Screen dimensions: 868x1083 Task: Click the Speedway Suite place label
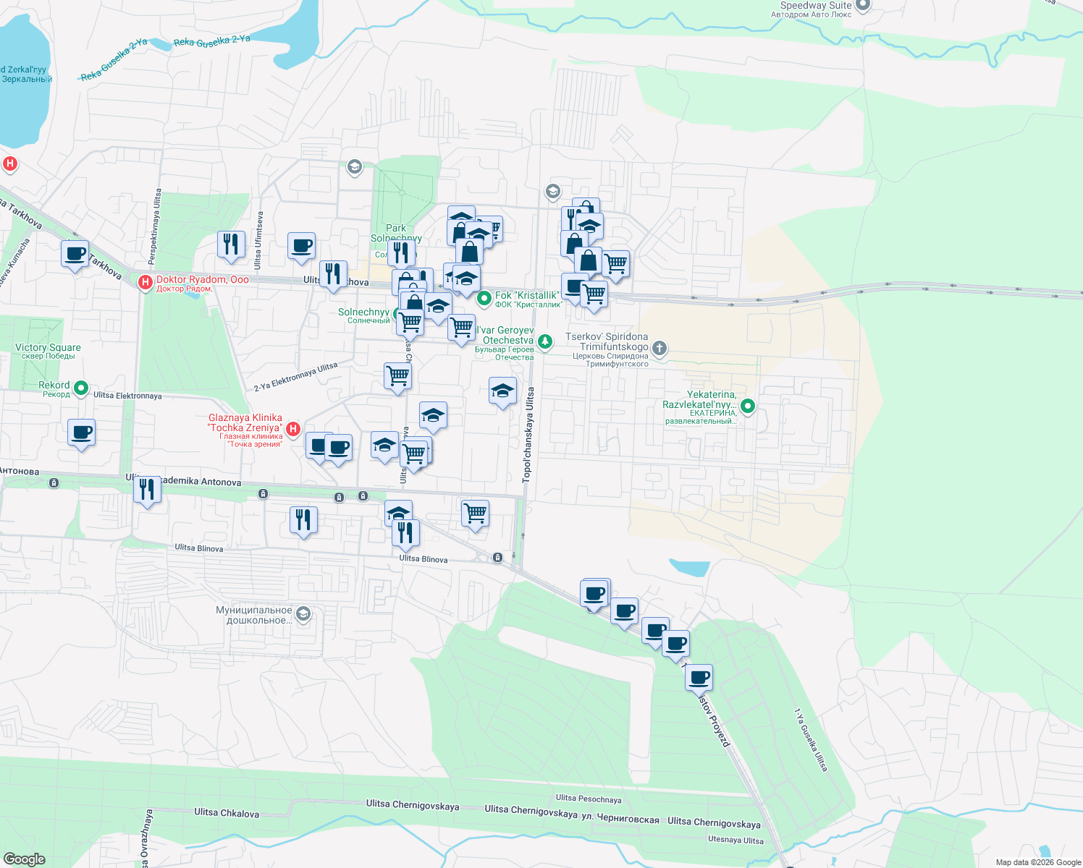(816, 6)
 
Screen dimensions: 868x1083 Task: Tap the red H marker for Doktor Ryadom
(145, 281)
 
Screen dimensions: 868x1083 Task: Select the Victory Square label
(48, 348)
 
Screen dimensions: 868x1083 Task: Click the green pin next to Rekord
(81, 388)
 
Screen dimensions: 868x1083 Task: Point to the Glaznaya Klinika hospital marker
(293, 430)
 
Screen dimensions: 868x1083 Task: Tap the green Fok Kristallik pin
(484, 297)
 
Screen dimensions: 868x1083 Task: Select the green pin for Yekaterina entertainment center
(748, 407)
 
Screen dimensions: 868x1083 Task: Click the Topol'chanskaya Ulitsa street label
(528, 435)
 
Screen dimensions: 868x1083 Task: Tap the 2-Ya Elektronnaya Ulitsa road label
(295, 377)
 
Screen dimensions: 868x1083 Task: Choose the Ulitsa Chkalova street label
(226, 813)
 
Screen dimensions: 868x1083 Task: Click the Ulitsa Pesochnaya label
(589, 799)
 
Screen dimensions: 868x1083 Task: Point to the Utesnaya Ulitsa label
(736, 840)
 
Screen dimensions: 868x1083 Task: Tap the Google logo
(24, 859)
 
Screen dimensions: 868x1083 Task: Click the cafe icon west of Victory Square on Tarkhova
(75, 254)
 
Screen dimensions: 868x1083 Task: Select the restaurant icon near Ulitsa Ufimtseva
(231, 244)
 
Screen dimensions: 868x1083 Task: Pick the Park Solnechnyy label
(396, 233)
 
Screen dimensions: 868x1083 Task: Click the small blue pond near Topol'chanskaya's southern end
(690, 567)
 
